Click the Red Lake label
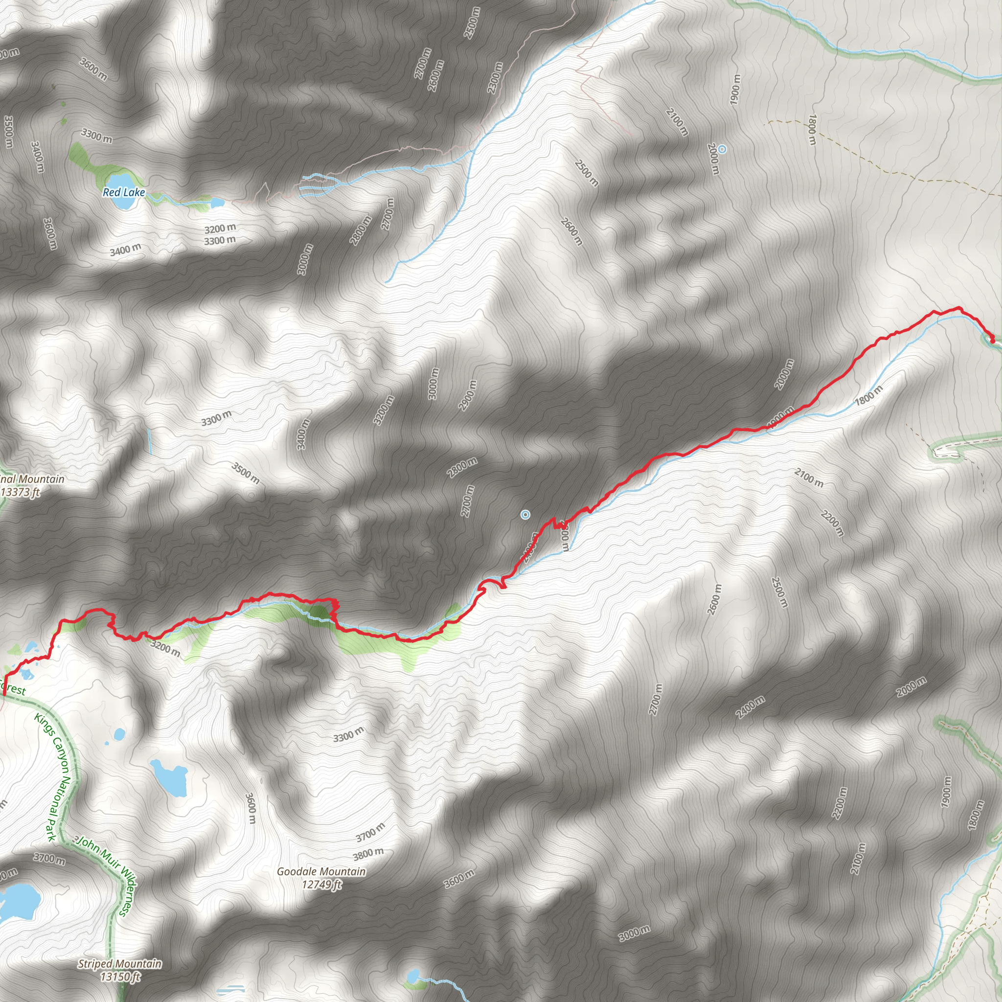[x=124, y=192]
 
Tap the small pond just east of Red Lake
[x=218, y=202]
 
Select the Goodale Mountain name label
[x=321, y=871]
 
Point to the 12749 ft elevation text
[x=321, y=884]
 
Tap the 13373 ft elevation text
[x=21, y=492]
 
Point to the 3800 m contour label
[x=368, y=853]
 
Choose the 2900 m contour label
[x=467, y=395]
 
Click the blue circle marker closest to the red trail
[x=525, y=515]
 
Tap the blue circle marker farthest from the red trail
[x=722, y=149]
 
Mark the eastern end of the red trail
[x=992, y=341]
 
